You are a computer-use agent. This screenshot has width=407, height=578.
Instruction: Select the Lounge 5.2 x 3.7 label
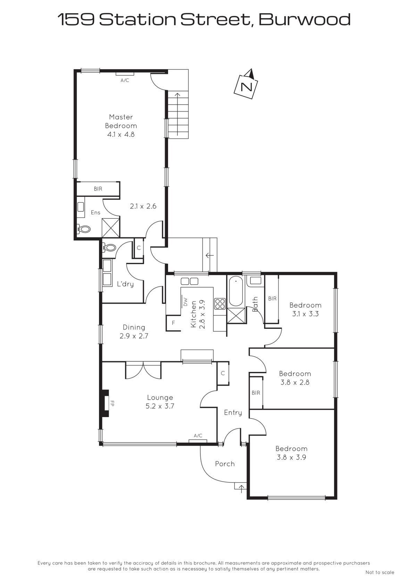point(160,402)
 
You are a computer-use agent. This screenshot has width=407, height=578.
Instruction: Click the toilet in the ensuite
point(84,229)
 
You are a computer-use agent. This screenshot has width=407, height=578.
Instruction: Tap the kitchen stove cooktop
point(219,303)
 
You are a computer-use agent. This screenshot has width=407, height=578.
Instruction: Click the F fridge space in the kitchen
point(173,323)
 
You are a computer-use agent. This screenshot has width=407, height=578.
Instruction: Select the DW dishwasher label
point(185,302)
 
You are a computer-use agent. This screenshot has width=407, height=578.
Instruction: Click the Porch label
point(225,464)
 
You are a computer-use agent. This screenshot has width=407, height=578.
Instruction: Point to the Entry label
point(233,413)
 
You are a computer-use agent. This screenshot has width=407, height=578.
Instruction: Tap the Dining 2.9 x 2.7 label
point(134,332)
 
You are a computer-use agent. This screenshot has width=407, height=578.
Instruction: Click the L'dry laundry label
point(125,284)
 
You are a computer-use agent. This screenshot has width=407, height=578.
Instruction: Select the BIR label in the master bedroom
point(98,189)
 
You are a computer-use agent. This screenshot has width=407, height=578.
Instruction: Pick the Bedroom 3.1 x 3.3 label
point(305,309)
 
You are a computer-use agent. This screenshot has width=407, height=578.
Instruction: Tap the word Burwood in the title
point(305,19)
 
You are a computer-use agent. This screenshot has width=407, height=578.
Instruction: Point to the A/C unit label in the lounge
point(198,435)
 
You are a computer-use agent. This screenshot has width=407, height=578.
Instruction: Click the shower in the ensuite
point(111,228)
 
